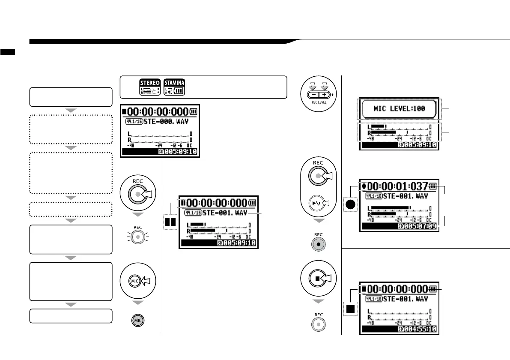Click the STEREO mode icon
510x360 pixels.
tap(150, 87)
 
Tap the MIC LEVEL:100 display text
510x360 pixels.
tap(399, 108)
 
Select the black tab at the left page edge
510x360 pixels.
tap(8, 52)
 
